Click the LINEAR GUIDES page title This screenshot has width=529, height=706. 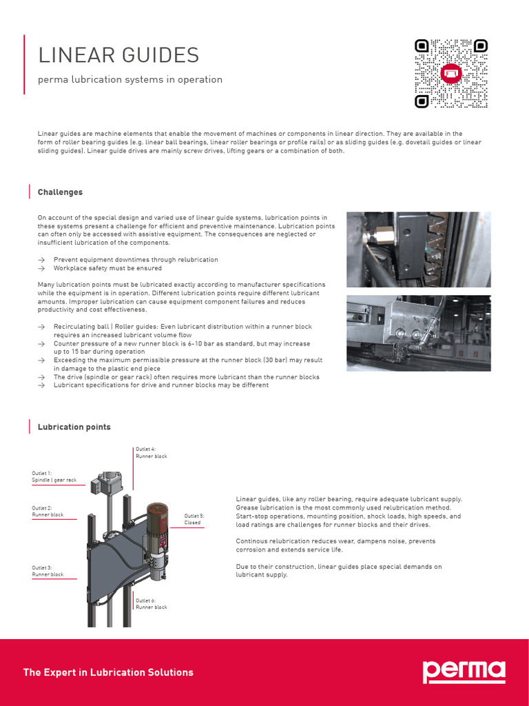[118, 55]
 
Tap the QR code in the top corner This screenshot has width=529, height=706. [451, 73]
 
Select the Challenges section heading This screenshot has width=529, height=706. [60, 192]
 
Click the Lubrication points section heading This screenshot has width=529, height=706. [74, 427]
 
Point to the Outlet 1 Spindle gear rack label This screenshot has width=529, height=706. [54, 477]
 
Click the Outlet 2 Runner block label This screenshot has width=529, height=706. [48, 512]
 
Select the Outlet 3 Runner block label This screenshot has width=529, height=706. [48, 571]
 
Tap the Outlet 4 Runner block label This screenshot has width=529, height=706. [152, 453]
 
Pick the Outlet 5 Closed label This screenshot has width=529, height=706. [194, 519]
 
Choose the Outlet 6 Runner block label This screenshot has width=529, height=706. [152, 604]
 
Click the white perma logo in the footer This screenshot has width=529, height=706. [464, 672]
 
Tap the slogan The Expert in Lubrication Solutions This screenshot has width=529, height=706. [108, 672]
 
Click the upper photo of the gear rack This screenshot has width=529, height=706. [418, 250]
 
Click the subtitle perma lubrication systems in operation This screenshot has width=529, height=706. [130, 79]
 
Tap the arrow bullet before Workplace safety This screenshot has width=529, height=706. [41, 268]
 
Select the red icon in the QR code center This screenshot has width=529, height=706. [451, 72]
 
